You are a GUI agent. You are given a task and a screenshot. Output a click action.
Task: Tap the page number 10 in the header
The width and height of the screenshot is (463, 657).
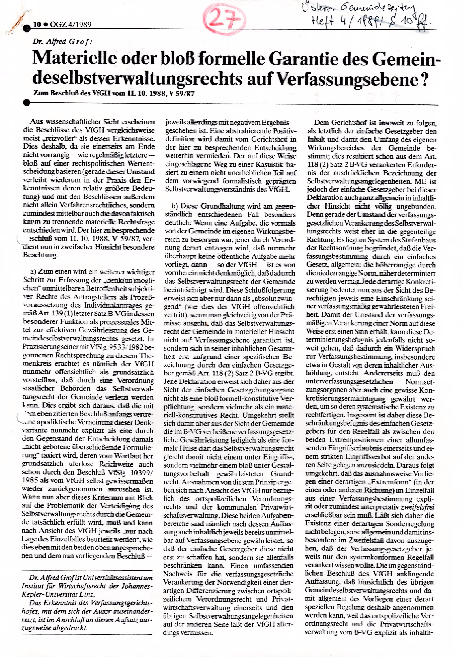[x=37, y=25]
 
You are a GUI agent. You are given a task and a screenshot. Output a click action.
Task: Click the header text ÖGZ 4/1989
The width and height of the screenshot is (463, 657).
[x=71, y=25]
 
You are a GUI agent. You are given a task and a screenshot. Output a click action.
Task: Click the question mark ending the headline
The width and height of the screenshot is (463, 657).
[x=425, y=80]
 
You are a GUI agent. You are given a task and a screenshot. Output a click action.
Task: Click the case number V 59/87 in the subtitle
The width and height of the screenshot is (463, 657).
[x=181, y=94]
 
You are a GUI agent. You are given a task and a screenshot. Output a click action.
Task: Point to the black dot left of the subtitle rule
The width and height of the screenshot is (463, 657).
[x=27, y=102]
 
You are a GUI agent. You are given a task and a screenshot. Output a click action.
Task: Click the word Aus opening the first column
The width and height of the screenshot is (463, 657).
[x=36, y=122]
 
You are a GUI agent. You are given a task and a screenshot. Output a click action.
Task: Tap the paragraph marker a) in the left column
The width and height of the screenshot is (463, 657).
[x=33, y=272]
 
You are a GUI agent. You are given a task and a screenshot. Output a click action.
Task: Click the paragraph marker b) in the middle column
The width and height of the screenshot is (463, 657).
[x=175, y=206]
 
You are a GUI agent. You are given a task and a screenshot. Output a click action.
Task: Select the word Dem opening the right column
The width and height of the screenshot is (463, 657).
[x=321, y=123]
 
